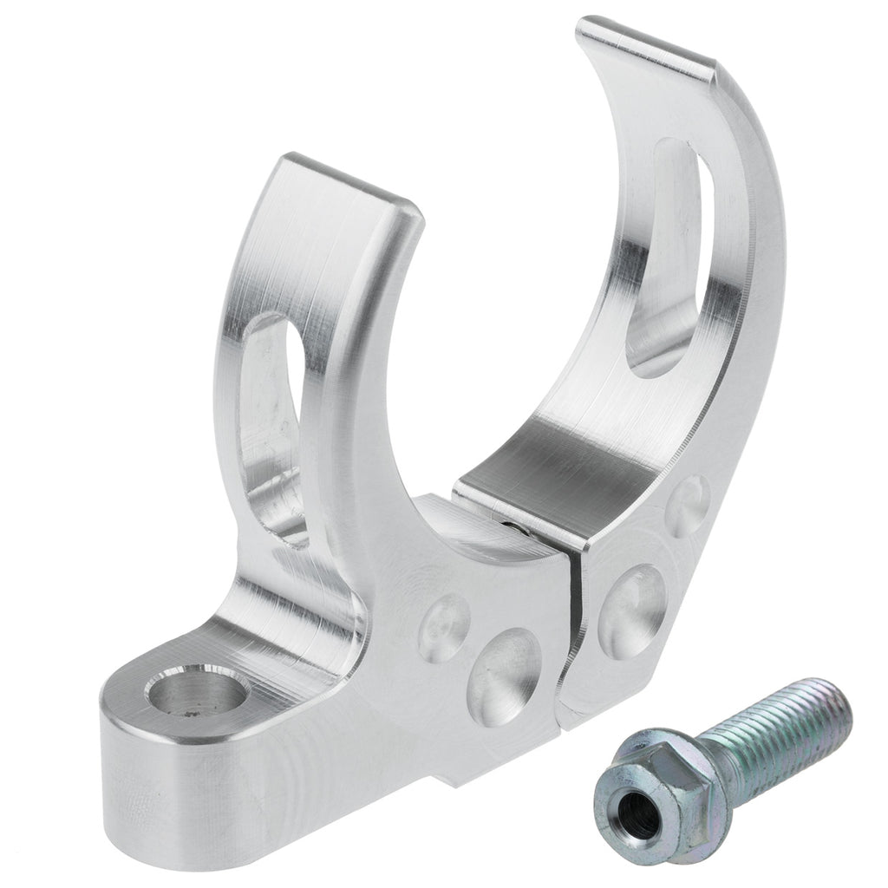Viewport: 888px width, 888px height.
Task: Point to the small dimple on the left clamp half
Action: tap(444, 626)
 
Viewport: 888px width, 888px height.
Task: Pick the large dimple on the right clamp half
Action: tap(632, 610)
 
